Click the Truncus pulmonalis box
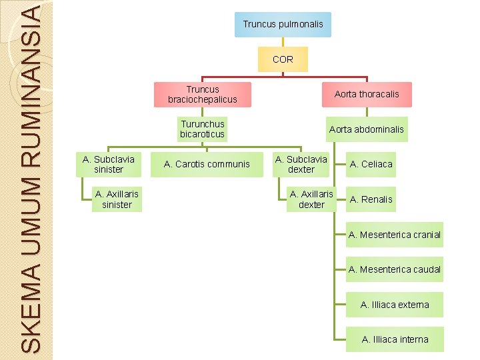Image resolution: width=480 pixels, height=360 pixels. coord(283,24)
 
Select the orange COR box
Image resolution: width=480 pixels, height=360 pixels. coord(283,59)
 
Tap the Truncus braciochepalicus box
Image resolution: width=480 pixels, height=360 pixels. coord(203,94)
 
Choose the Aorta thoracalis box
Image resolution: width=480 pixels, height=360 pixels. coord(367,94)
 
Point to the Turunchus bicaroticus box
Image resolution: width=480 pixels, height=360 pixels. coord(203,129)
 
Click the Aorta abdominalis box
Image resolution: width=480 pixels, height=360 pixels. coord(367,129)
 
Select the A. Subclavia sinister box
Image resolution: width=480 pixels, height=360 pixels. coord(109,164)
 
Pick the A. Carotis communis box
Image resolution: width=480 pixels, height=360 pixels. coord(207,164)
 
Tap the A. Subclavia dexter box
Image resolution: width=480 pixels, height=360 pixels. coord(301,164)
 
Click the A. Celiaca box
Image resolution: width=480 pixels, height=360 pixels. coord(371,164)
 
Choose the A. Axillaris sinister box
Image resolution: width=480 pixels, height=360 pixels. coord(117,199)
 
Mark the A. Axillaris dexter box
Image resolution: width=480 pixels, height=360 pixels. coord(311,199)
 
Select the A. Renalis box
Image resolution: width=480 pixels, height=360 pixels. coord(371,199)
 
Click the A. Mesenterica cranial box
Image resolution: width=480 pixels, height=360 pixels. coord(395,235)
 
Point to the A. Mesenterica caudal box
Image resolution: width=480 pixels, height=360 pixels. coord(395,269)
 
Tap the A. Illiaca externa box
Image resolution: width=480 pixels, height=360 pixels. coord(395,305)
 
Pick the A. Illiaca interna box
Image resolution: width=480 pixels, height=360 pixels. coord(395,339)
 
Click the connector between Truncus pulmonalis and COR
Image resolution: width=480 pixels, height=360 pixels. coord(283,42)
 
